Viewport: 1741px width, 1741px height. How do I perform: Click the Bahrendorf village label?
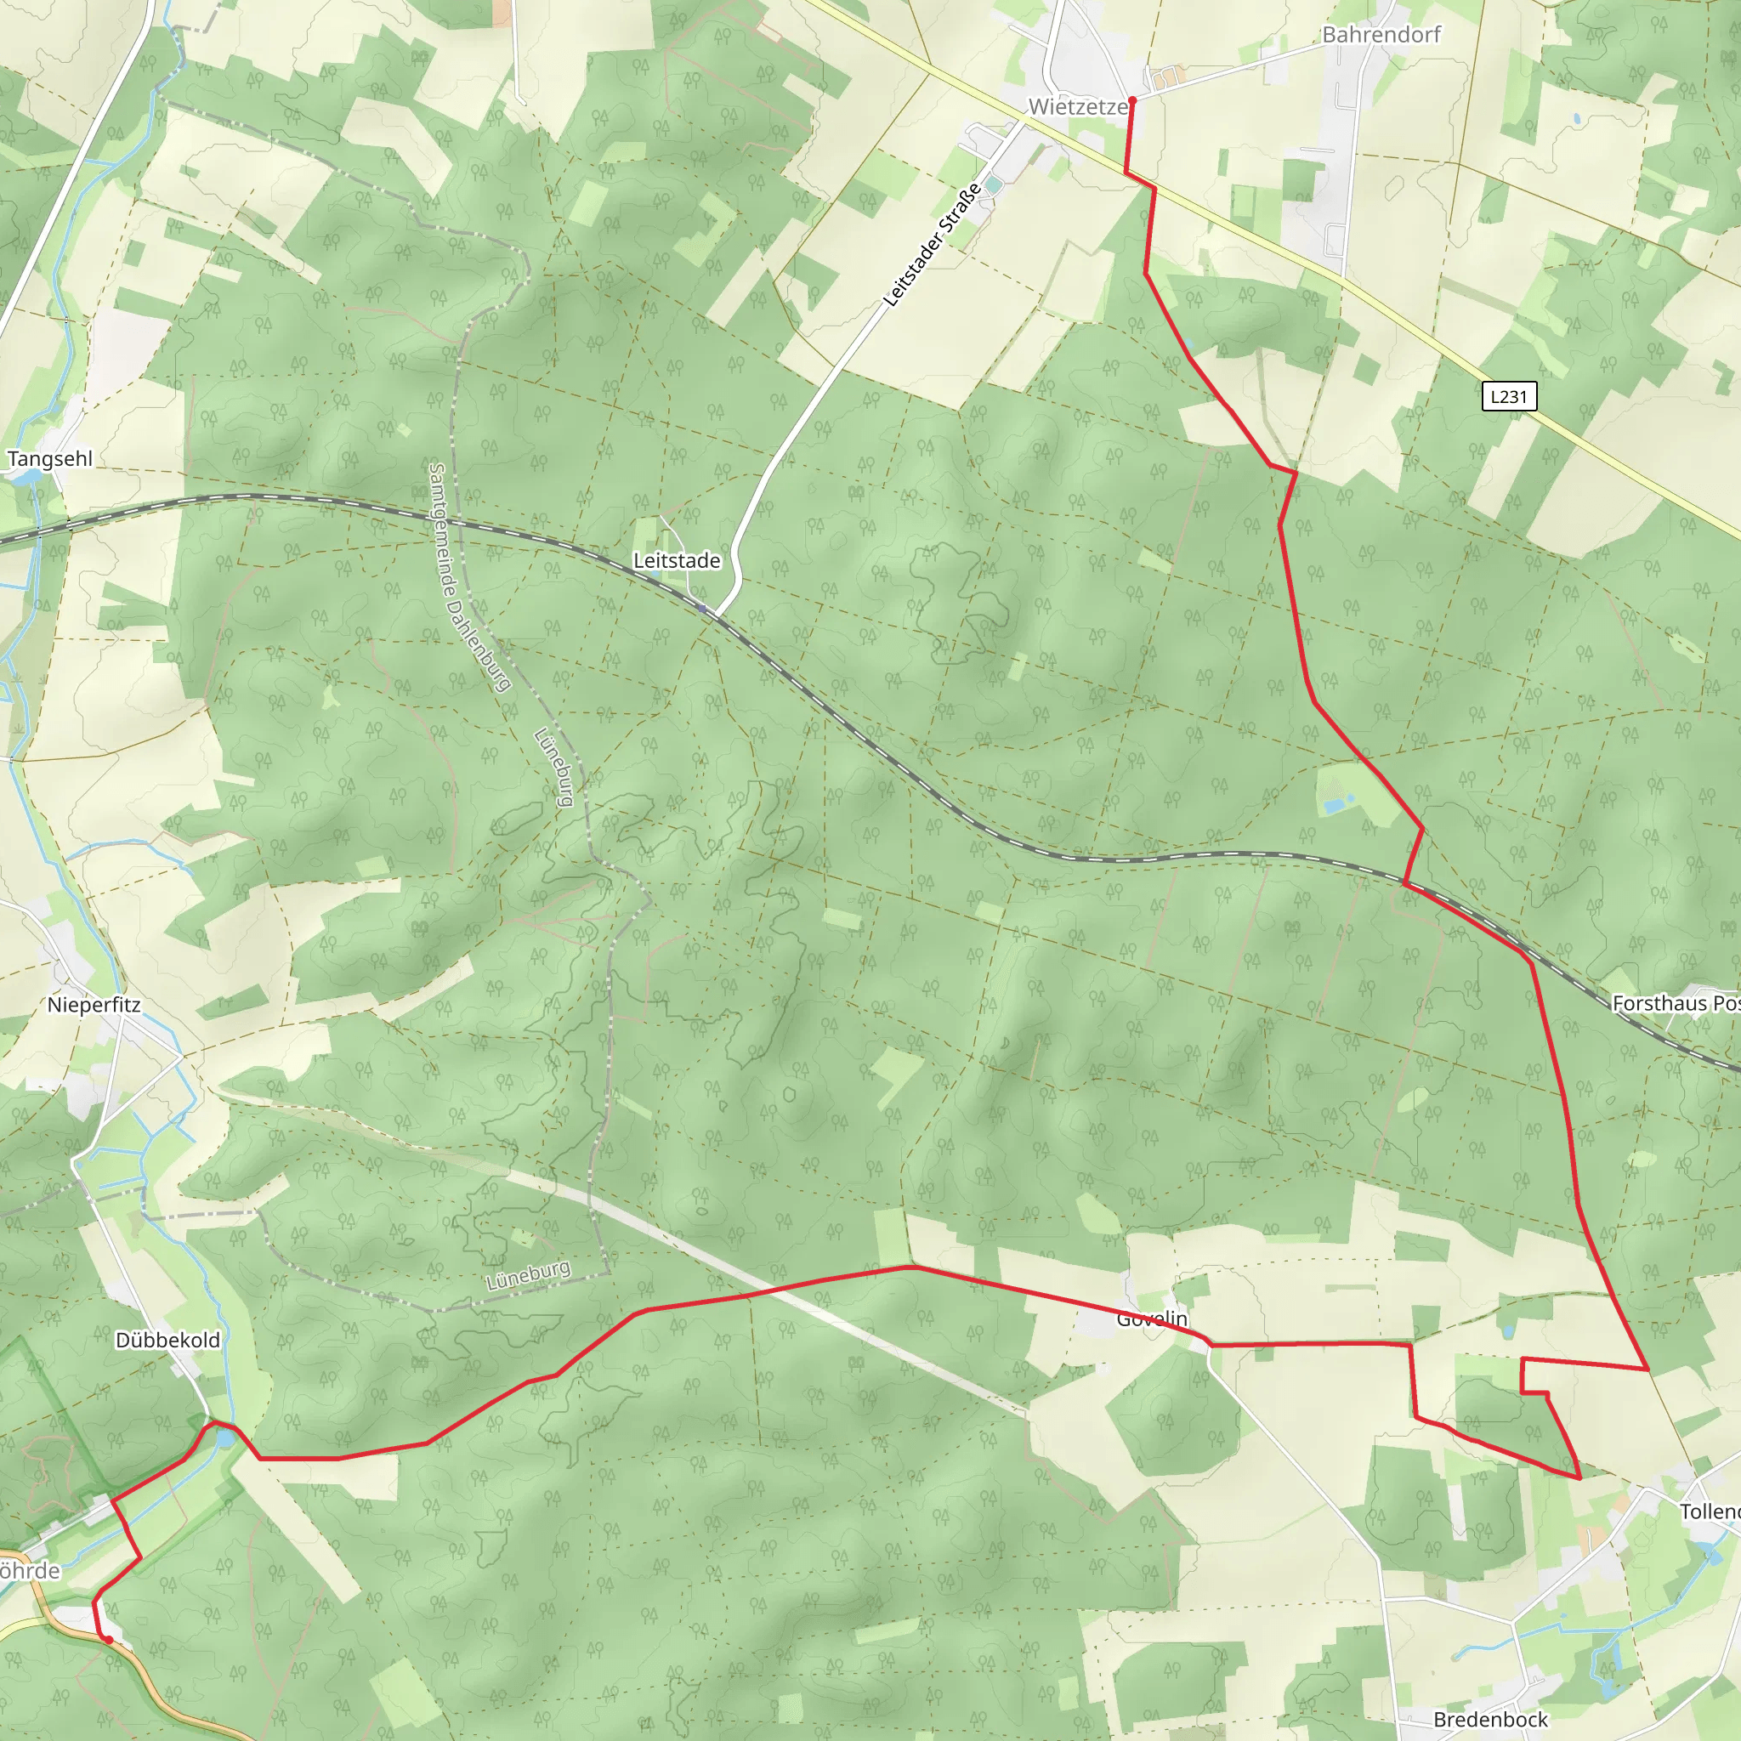click(1381, 34)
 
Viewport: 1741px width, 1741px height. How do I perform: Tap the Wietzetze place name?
click(1078, 106)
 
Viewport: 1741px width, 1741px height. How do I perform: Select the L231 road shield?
click(1509, 395)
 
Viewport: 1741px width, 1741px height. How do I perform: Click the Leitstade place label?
click(677, 560)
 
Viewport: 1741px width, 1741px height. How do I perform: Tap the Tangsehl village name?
click(49, 459)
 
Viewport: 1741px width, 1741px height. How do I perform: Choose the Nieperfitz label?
click(94, 1005)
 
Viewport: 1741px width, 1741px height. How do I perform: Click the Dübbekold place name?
click(167, 1340)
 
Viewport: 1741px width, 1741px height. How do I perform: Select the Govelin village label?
click(1152, 1319)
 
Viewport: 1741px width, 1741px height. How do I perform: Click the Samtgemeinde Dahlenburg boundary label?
click(469, 576)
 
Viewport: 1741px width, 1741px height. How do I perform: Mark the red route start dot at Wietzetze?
click(1131, 101)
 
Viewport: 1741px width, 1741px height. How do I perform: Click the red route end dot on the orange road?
click(109, 1640)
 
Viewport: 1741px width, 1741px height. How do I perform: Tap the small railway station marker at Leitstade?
click(702, 610)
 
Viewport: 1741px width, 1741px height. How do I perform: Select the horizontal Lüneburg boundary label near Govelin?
click(528, 1275)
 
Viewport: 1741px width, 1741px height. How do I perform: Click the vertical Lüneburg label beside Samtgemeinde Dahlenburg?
click(554, 767)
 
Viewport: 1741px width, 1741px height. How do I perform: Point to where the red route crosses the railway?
click(1406, 884)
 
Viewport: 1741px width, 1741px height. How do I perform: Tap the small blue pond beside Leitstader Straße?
click(994, 184)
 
